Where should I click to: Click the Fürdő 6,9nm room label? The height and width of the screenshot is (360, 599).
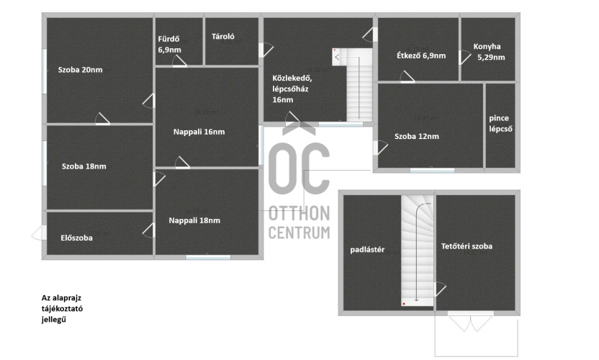tap(169, 45)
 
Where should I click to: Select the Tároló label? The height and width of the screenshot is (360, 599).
tap(222, 37)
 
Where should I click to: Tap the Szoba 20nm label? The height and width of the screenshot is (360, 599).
tap(80, 70)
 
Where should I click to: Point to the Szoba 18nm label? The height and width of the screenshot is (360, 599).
tap(84, 166)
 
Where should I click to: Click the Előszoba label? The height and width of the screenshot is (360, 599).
tap(76, 238)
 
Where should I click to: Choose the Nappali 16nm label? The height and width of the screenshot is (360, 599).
tap(199, 132)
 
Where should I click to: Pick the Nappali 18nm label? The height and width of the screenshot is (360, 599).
tap(194, 220)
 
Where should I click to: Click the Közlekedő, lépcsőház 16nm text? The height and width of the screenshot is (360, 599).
tap(292, 89)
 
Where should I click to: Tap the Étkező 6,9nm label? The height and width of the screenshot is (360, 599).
tap(421, 55)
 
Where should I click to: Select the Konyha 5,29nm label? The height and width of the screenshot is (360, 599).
tap(489, 52)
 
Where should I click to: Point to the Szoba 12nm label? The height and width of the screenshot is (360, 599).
tap(416, 136)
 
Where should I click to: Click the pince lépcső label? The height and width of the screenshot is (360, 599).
tap(500, 123)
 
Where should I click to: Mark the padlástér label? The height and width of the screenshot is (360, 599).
tap(367, 250)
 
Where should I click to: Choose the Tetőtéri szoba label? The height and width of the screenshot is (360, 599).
tap(467, 246)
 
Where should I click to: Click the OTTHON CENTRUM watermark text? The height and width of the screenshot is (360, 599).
tap(299, 222)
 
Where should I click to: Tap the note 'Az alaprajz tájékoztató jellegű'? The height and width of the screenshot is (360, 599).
tap(62, 308)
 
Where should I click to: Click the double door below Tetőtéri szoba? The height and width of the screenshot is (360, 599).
tap(470, 322)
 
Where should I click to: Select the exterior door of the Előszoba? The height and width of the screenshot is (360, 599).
tap(38, 233)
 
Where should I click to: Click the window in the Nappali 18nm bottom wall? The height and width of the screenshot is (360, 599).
tap(208, 258)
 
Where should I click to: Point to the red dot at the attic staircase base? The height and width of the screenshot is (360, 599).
tap(404, 304)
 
